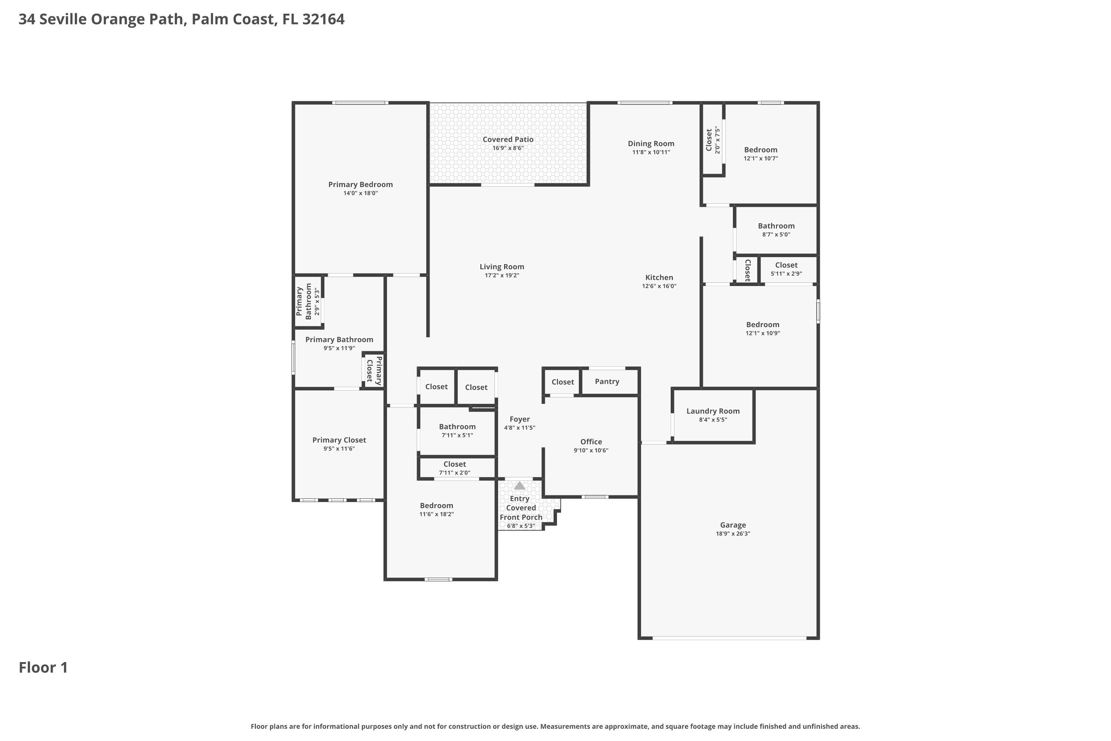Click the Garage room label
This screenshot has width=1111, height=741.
pos(733,525)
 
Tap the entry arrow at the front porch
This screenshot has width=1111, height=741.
pos(520,485)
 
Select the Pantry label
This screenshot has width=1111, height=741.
pos(607,381)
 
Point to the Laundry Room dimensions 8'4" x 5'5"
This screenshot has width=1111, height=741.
pos(713,420)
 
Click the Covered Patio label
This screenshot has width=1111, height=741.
pos(508,139)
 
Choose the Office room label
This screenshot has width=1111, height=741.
pos(591,442)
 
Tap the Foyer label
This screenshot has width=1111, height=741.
pos(520,419)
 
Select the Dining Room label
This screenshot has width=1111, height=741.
pos(651,144)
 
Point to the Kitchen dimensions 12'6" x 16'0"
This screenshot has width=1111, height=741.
pos(659,286)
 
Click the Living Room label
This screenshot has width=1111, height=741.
pos(502,267)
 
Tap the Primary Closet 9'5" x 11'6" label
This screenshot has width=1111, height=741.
pos(339,444)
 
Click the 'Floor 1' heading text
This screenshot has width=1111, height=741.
pos(43,667)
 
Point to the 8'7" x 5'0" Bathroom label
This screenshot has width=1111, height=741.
pos(776,230)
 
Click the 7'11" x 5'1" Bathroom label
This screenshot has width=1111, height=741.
pos(457,431)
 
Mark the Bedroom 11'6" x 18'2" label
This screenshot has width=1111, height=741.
pos(437,509)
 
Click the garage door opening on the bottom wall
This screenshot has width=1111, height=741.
pos(729,638)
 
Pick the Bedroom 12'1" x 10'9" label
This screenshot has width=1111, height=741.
pos(763,328)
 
